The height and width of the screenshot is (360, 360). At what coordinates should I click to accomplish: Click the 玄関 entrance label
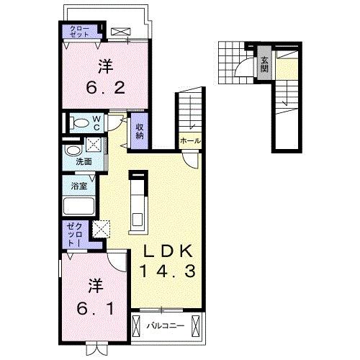point(264,65)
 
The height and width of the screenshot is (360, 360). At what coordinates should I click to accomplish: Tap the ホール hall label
point(190,141)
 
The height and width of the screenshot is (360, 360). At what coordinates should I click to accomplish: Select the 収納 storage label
point(139,131)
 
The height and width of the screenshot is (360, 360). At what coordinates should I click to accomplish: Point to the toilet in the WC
point(79,124)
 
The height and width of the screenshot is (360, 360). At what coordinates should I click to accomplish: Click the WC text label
point(96,123)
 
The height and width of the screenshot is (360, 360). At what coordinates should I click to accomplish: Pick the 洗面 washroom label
point(84,162)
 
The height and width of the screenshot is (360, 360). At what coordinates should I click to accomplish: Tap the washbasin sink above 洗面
point(73,150)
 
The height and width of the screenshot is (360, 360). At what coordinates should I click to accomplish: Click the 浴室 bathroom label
point(79,186)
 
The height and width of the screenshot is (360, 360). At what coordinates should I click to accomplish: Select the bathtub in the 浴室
point(79,206)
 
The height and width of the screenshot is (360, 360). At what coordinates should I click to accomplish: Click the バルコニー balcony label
point(166,325)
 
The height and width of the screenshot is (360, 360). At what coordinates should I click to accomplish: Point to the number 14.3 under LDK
point(167,271)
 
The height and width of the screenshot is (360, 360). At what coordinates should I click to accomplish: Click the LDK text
point(168,251)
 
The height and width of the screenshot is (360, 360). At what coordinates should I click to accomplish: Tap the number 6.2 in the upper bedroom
point(106,88)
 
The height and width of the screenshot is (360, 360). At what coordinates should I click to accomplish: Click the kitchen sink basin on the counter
point(138,219)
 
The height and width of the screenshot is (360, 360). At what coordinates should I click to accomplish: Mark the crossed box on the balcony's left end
point(136,326)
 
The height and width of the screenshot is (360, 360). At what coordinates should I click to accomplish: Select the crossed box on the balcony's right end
point(195,326)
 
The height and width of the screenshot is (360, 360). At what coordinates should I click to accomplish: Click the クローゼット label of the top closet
point(79,32)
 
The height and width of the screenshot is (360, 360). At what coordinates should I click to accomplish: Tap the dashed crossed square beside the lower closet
point(102,229)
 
